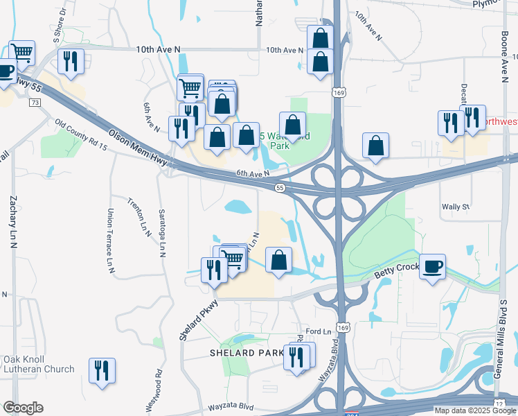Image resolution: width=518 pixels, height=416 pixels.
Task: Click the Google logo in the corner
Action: [23, 408]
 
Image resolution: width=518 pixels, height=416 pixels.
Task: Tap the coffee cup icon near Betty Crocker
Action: [433, 267]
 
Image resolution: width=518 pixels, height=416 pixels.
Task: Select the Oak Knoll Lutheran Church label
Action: [39, 364]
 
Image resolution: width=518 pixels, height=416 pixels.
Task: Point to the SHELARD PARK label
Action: [247, 353]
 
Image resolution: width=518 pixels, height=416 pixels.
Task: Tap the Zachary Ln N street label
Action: [12, 218]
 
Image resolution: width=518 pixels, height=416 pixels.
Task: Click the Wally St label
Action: [456, 207]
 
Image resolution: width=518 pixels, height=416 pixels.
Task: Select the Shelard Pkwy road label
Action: [196, 320]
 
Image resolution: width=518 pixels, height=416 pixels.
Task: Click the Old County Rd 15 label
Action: [82, 135]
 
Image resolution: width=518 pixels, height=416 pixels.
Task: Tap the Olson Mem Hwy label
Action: [139, 147]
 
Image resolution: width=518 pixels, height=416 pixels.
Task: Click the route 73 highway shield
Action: [35, 103]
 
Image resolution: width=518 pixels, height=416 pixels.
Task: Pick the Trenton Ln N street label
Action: [139, 216]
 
